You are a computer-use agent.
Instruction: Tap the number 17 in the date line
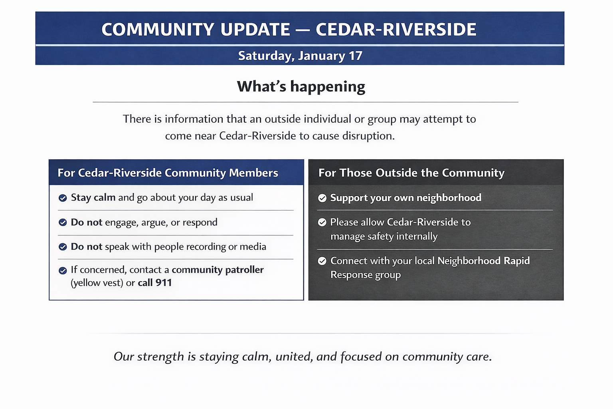(355, 56)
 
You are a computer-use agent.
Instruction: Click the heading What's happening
(301, 87)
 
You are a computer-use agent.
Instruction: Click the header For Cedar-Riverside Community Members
(168, 173)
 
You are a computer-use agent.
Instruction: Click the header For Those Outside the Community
(411, 173)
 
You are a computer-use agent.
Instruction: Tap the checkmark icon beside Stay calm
(63, 198)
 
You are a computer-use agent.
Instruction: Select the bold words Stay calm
(93, 197)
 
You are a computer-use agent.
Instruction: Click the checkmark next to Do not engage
(63, 222)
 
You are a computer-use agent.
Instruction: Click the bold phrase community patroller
(218, 270)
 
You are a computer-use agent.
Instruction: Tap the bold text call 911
(154, 283)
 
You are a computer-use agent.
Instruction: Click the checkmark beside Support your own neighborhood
(322, 198)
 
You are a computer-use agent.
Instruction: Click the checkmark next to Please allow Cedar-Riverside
(322, 222)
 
